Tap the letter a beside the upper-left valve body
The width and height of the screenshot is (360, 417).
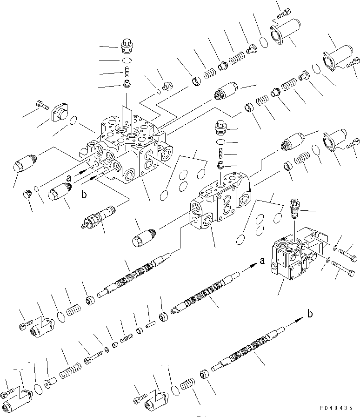pyautogui.click(x=69, y=177)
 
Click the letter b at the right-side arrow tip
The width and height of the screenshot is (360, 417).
pyautogui.click(x=309, y=314)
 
